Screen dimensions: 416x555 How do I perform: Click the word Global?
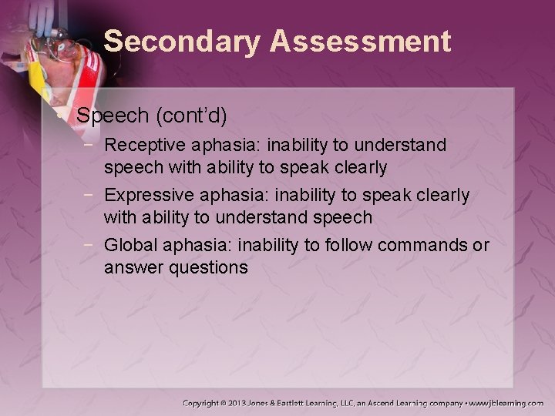click(127, 246)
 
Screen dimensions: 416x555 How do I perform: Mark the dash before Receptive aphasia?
click(92, 145)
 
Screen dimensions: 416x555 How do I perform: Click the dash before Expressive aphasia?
click(92, 196)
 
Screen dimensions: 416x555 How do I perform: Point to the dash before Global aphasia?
click(92, 246)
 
